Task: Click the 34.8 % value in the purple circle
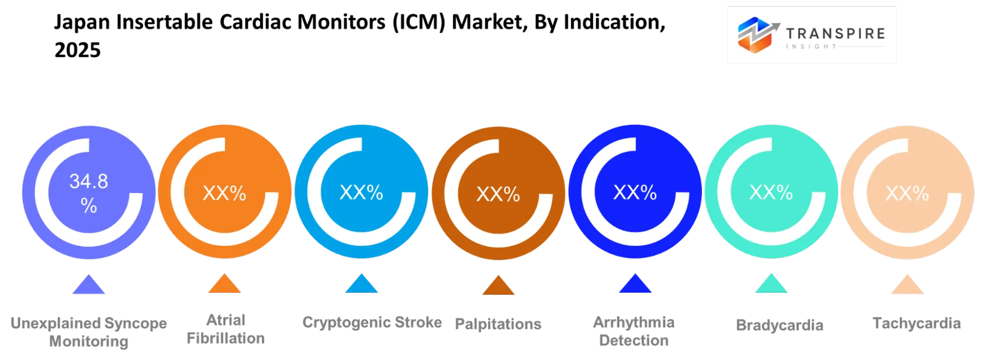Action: [89, 193]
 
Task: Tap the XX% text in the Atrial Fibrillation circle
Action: [224, 193]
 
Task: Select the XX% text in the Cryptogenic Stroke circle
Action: [361, 192]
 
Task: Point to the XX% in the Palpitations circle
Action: [498, 194]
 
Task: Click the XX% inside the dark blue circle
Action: [635, 192]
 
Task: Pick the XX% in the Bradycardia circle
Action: [771, 192]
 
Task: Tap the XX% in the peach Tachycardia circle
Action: [907, 193]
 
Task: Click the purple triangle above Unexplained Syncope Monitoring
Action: [89, 285]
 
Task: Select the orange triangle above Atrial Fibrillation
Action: [224, 284]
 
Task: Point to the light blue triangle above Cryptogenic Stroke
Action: [362, 284]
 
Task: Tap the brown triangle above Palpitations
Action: [498, 285]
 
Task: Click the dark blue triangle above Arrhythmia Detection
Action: [635, 284]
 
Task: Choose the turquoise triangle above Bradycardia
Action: [771, 284]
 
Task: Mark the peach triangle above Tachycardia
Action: [907, 285]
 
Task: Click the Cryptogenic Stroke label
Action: [372, 322]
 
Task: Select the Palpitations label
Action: [498, 324]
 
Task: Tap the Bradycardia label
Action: [780, 325]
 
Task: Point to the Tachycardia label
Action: [916, 323]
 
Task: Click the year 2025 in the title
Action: [78, 50]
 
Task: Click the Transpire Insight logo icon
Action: [758, 35]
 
